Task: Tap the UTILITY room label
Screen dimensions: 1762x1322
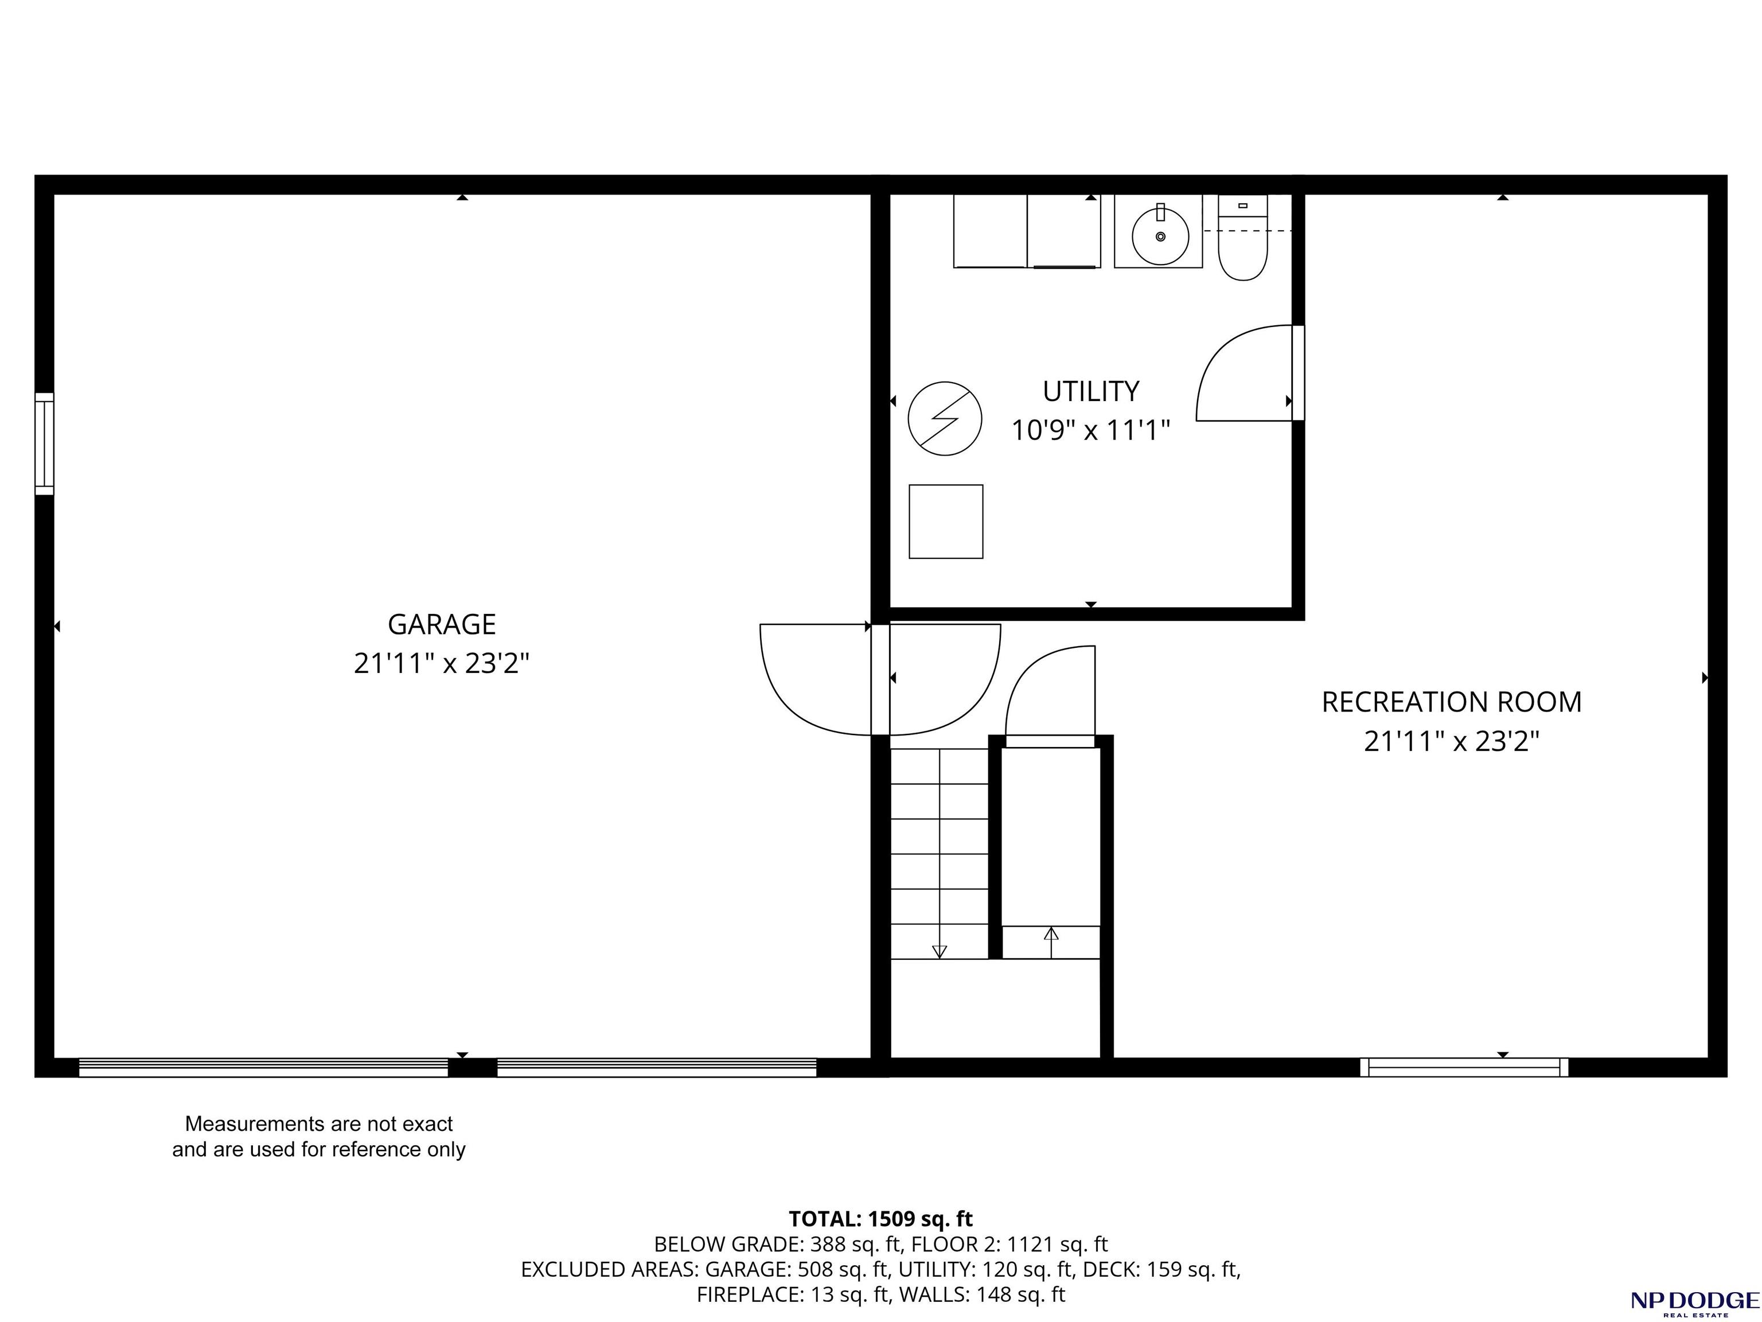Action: [1090, 391]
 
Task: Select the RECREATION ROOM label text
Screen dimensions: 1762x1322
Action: [1451, 702]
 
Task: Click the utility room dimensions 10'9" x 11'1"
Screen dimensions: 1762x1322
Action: [1090, 431]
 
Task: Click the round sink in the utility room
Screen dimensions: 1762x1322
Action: [1160, 236]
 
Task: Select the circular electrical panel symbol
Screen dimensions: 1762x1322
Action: [945, 418]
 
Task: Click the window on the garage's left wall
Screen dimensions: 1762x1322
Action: [45, 444]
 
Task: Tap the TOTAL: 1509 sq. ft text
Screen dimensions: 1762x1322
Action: [880, 1219]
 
